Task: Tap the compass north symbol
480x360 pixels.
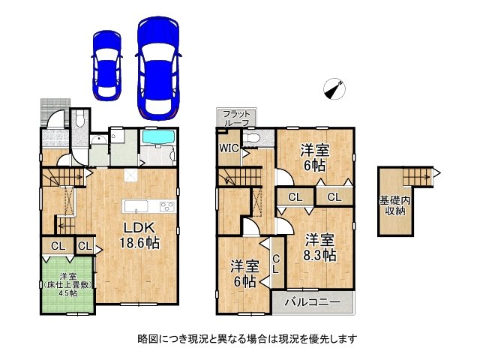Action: pos(334,88)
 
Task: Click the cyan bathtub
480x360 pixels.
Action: pos(157,139)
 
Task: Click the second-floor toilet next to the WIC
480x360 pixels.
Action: pos(254,139)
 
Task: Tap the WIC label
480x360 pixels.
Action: pos(229,148)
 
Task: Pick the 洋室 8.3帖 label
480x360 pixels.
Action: pos(319,247)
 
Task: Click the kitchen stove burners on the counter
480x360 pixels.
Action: pos(167,207)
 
